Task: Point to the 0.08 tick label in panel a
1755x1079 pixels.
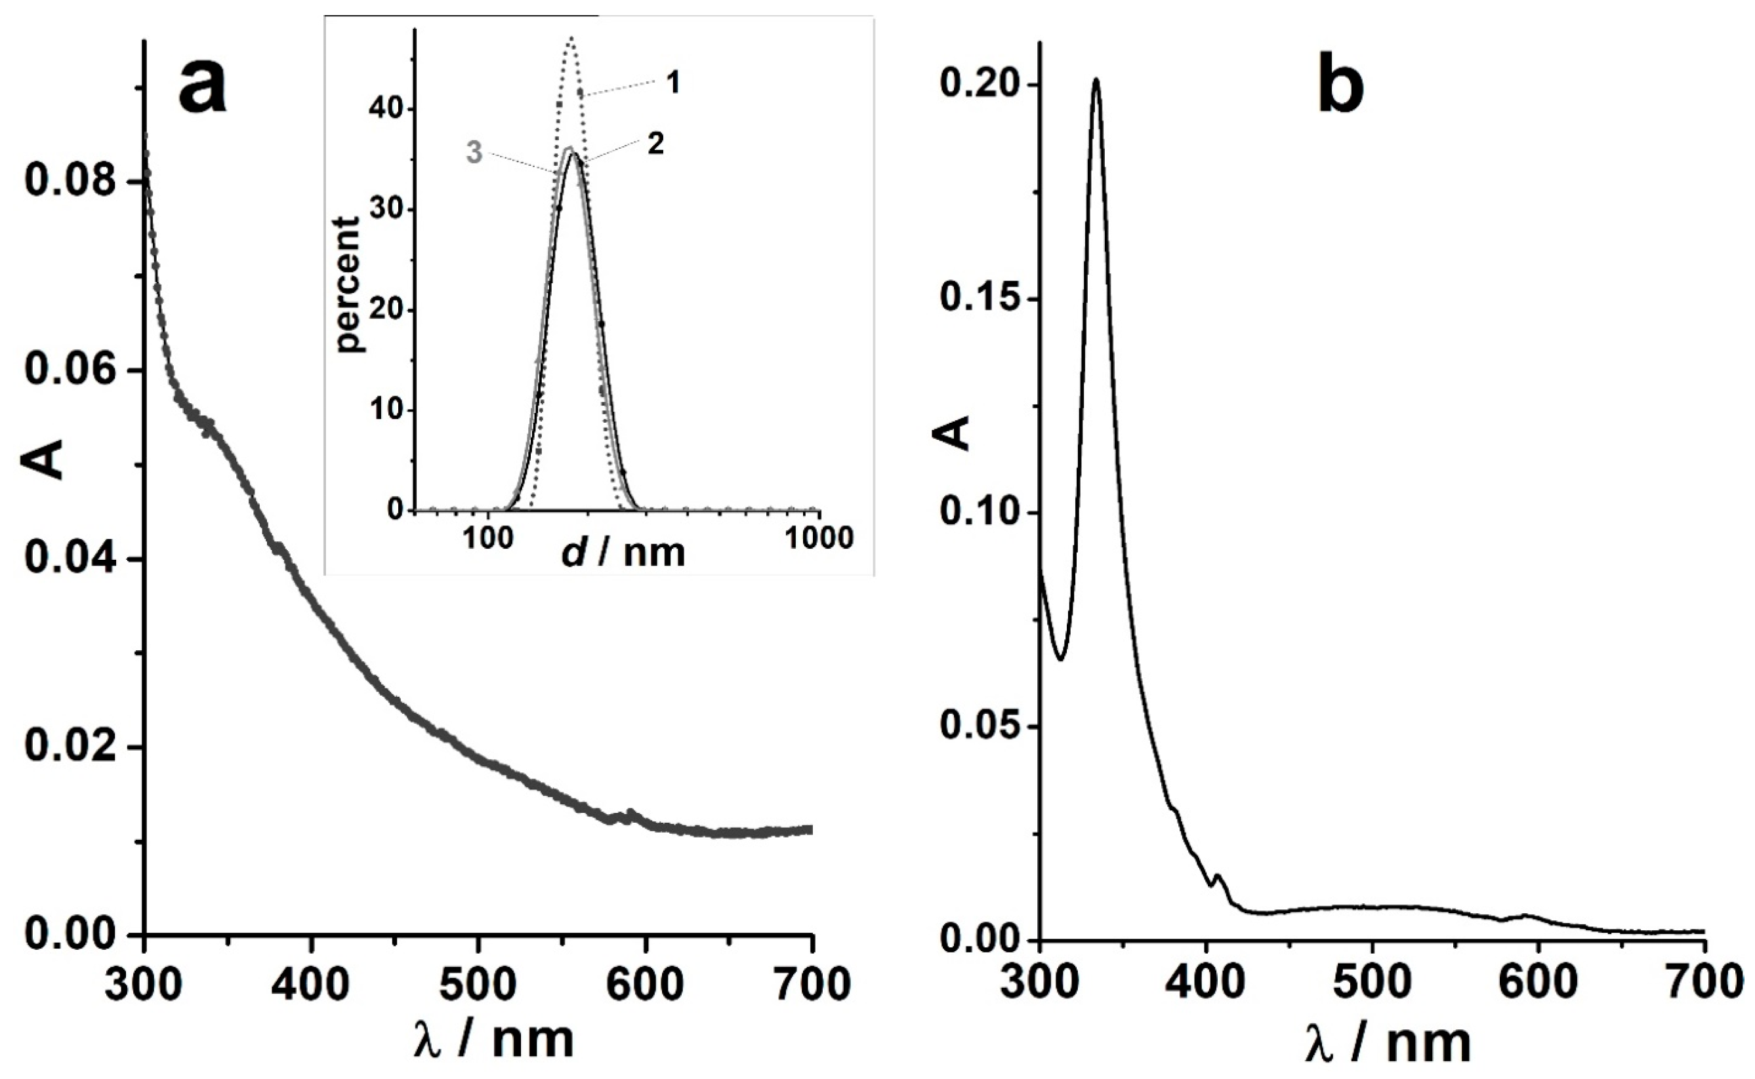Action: click(70, 182)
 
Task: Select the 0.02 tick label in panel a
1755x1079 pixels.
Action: click(70, 747)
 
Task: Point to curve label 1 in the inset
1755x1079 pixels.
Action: click(672, 83)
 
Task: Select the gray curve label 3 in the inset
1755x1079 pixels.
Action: click(474, 152)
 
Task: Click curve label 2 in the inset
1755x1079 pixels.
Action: click(655, 144)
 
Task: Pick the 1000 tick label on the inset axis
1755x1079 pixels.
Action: click(819, 538)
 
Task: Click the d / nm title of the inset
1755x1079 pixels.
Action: click(623, 553)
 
